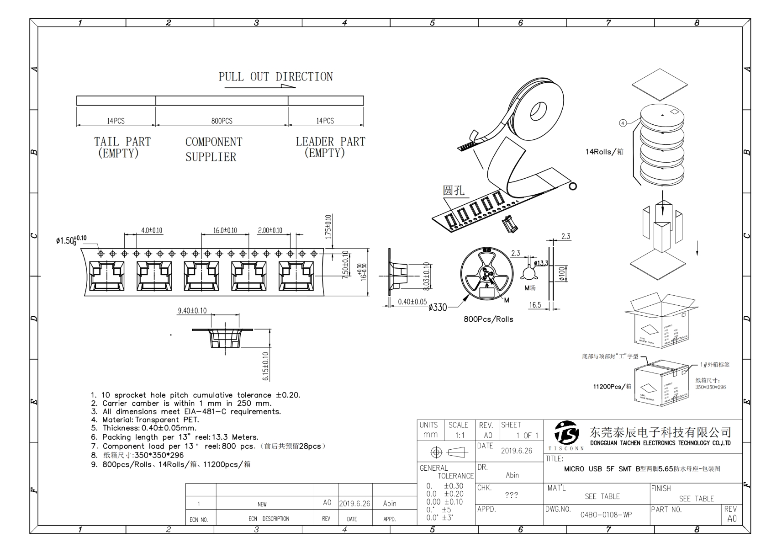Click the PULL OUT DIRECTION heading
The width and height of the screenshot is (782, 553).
275,77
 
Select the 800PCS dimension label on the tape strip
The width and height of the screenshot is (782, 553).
222,121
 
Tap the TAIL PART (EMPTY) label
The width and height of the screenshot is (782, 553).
122,147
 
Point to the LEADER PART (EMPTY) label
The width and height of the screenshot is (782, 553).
330,147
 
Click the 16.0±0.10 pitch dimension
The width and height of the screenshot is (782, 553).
225,230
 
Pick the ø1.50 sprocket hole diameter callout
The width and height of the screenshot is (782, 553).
71,240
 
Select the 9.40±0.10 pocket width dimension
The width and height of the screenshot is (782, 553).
192,311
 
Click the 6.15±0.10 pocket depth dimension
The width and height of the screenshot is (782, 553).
266,366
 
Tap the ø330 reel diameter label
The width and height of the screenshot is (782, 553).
438,308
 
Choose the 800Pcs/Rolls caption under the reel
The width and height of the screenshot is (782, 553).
488,319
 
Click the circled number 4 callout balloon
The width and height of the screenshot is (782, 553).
623,123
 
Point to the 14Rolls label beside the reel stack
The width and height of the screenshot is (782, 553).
604,152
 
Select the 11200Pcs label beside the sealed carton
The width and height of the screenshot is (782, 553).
612,387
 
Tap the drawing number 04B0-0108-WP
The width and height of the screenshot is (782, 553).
606,515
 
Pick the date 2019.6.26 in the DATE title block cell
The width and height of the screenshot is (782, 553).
516,451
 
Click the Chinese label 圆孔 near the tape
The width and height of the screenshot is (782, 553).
453,190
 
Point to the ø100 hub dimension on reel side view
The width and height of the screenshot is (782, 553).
562,273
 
